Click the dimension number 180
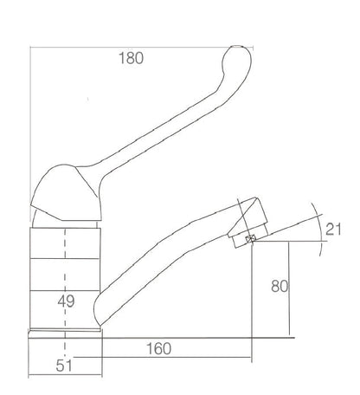point(131,58)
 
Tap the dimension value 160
point(159,348)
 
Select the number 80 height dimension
point(280,287)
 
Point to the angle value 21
point(333,230)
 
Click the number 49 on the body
point(66,301)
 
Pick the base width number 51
point(64,366)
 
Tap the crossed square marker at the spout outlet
point(250,238)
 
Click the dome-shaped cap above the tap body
point(67,193)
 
